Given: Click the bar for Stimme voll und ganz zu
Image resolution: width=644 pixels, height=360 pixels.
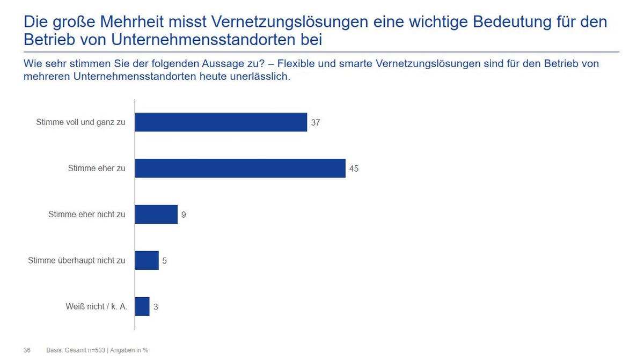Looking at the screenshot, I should point(221,122).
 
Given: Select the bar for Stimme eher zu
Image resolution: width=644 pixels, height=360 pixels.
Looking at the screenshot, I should point(240,168).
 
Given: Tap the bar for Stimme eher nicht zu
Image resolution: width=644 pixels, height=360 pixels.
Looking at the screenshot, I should point(156,215).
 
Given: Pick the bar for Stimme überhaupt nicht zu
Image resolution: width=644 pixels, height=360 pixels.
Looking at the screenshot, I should point(147,261).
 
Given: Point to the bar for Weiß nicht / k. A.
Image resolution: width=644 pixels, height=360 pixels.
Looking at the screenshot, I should point(142,307).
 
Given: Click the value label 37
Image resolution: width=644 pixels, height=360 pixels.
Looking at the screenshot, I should point(315,123).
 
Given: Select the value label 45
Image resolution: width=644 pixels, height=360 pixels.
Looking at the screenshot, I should point(353,169).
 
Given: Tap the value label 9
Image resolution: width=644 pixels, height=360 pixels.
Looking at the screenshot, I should point(184,215).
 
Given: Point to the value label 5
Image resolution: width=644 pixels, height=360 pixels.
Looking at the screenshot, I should point(164,261).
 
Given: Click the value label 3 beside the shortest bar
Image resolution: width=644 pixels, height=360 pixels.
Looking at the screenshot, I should point(155,307).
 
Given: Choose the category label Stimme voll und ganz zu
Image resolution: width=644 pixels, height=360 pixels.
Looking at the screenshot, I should point(80,122).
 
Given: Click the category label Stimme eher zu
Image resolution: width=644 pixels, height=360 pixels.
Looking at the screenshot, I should point(97,168).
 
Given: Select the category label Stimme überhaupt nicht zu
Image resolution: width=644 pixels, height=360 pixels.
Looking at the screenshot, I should point(76,261).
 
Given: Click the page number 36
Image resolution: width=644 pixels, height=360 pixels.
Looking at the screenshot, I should point(27,350).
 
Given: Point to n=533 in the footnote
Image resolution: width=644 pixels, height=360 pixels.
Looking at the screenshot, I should point(96,350).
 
